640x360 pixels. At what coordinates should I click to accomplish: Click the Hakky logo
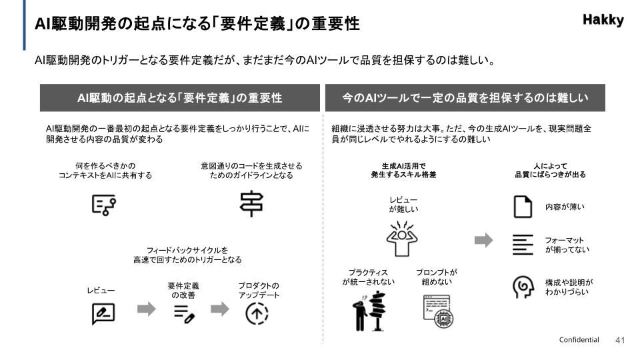click(x=603, y=20)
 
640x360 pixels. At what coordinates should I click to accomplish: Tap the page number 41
click(x=619, y=340)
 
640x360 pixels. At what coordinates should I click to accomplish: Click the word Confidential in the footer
click(x=579, y=339)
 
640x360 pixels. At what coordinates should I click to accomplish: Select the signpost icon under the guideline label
click(x=251, y=203)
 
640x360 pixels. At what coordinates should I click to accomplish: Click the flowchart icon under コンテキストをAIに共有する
click(x=104, y=205)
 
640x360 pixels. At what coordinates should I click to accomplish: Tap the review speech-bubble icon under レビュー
click(x=103, y=313)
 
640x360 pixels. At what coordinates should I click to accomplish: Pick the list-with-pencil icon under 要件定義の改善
click(x=184, y=314)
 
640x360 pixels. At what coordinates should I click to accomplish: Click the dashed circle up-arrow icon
click(x=257, y=314)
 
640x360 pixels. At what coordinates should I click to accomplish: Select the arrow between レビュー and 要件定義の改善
click(x=146, y=309)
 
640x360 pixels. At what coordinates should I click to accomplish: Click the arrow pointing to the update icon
click(x=219, y=309)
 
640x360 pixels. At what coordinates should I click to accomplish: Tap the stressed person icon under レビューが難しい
click(x=401, y=239)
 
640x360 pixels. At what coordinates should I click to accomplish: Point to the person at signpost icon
click(x=369, y=311)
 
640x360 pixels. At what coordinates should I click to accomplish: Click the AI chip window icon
click(x=438, y=311)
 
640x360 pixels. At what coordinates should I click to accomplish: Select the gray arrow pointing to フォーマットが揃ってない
click(x=484, y=240)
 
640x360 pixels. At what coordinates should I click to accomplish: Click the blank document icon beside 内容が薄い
click(x=523, y=207)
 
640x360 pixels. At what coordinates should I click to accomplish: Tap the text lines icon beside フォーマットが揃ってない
click(x=523, y=245)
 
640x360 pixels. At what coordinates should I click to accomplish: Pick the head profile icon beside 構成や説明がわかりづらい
click(x=523, y=287)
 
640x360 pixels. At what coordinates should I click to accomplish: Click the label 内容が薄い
click(x=565, y=207)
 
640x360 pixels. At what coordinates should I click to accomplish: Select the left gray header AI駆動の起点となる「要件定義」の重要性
click(x=179, y=98)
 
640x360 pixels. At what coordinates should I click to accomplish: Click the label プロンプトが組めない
click(x=436, y=277)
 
